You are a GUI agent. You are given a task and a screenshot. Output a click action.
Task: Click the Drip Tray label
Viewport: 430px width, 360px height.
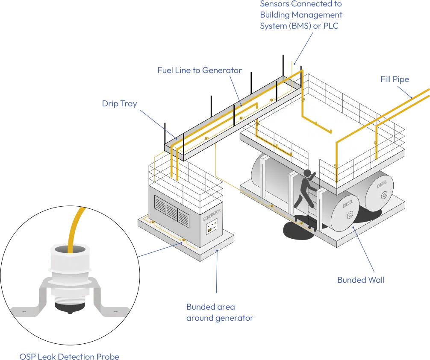click(119, 104)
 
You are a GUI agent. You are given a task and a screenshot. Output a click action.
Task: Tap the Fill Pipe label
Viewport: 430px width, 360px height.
click(395, 80)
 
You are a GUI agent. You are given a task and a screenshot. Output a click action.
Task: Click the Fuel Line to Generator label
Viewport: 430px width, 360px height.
click(199, 70)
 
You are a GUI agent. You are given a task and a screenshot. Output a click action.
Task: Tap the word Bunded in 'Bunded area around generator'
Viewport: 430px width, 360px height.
click(199, 307)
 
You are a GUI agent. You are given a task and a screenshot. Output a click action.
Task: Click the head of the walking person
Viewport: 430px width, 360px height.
click(307, 173)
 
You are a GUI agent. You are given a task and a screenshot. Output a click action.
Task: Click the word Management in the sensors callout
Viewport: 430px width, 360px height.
click(323, 15)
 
